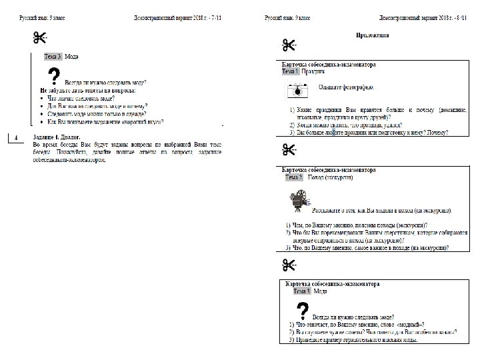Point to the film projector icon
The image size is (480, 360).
301,200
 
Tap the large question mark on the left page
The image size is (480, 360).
55,77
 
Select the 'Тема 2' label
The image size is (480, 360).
293,177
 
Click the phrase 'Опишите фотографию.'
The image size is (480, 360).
346,87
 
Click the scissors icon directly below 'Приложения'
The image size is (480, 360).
289,46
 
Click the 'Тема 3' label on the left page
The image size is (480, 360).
52,57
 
